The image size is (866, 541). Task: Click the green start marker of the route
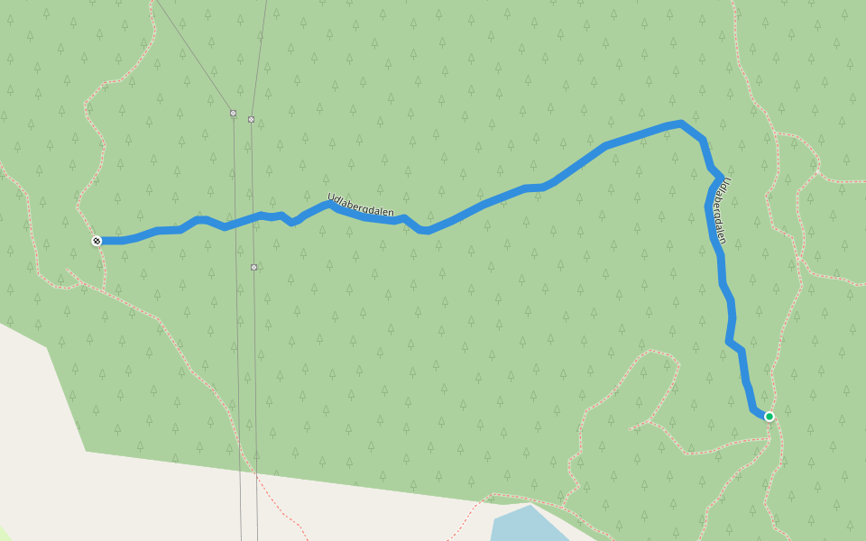click(x=769, y=417)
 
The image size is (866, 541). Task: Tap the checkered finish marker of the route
click(x=97, y=241)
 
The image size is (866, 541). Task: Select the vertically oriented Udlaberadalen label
click(x=720, y=210)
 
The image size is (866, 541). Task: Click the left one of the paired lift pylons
click(x=233, y=114)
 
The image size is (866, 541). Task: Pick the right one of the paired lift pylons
click(x=251, y=119)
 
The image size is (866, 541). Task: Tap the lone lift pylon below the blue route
click(x=253, y=267)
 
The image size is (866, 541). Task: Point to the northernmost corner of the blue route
click(x=681, y=122)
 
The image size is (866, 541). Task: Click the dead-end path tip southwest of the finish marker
click(x=68, y=270)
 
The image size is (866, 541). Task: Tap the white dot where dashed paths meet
click(x=817, y=171)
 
